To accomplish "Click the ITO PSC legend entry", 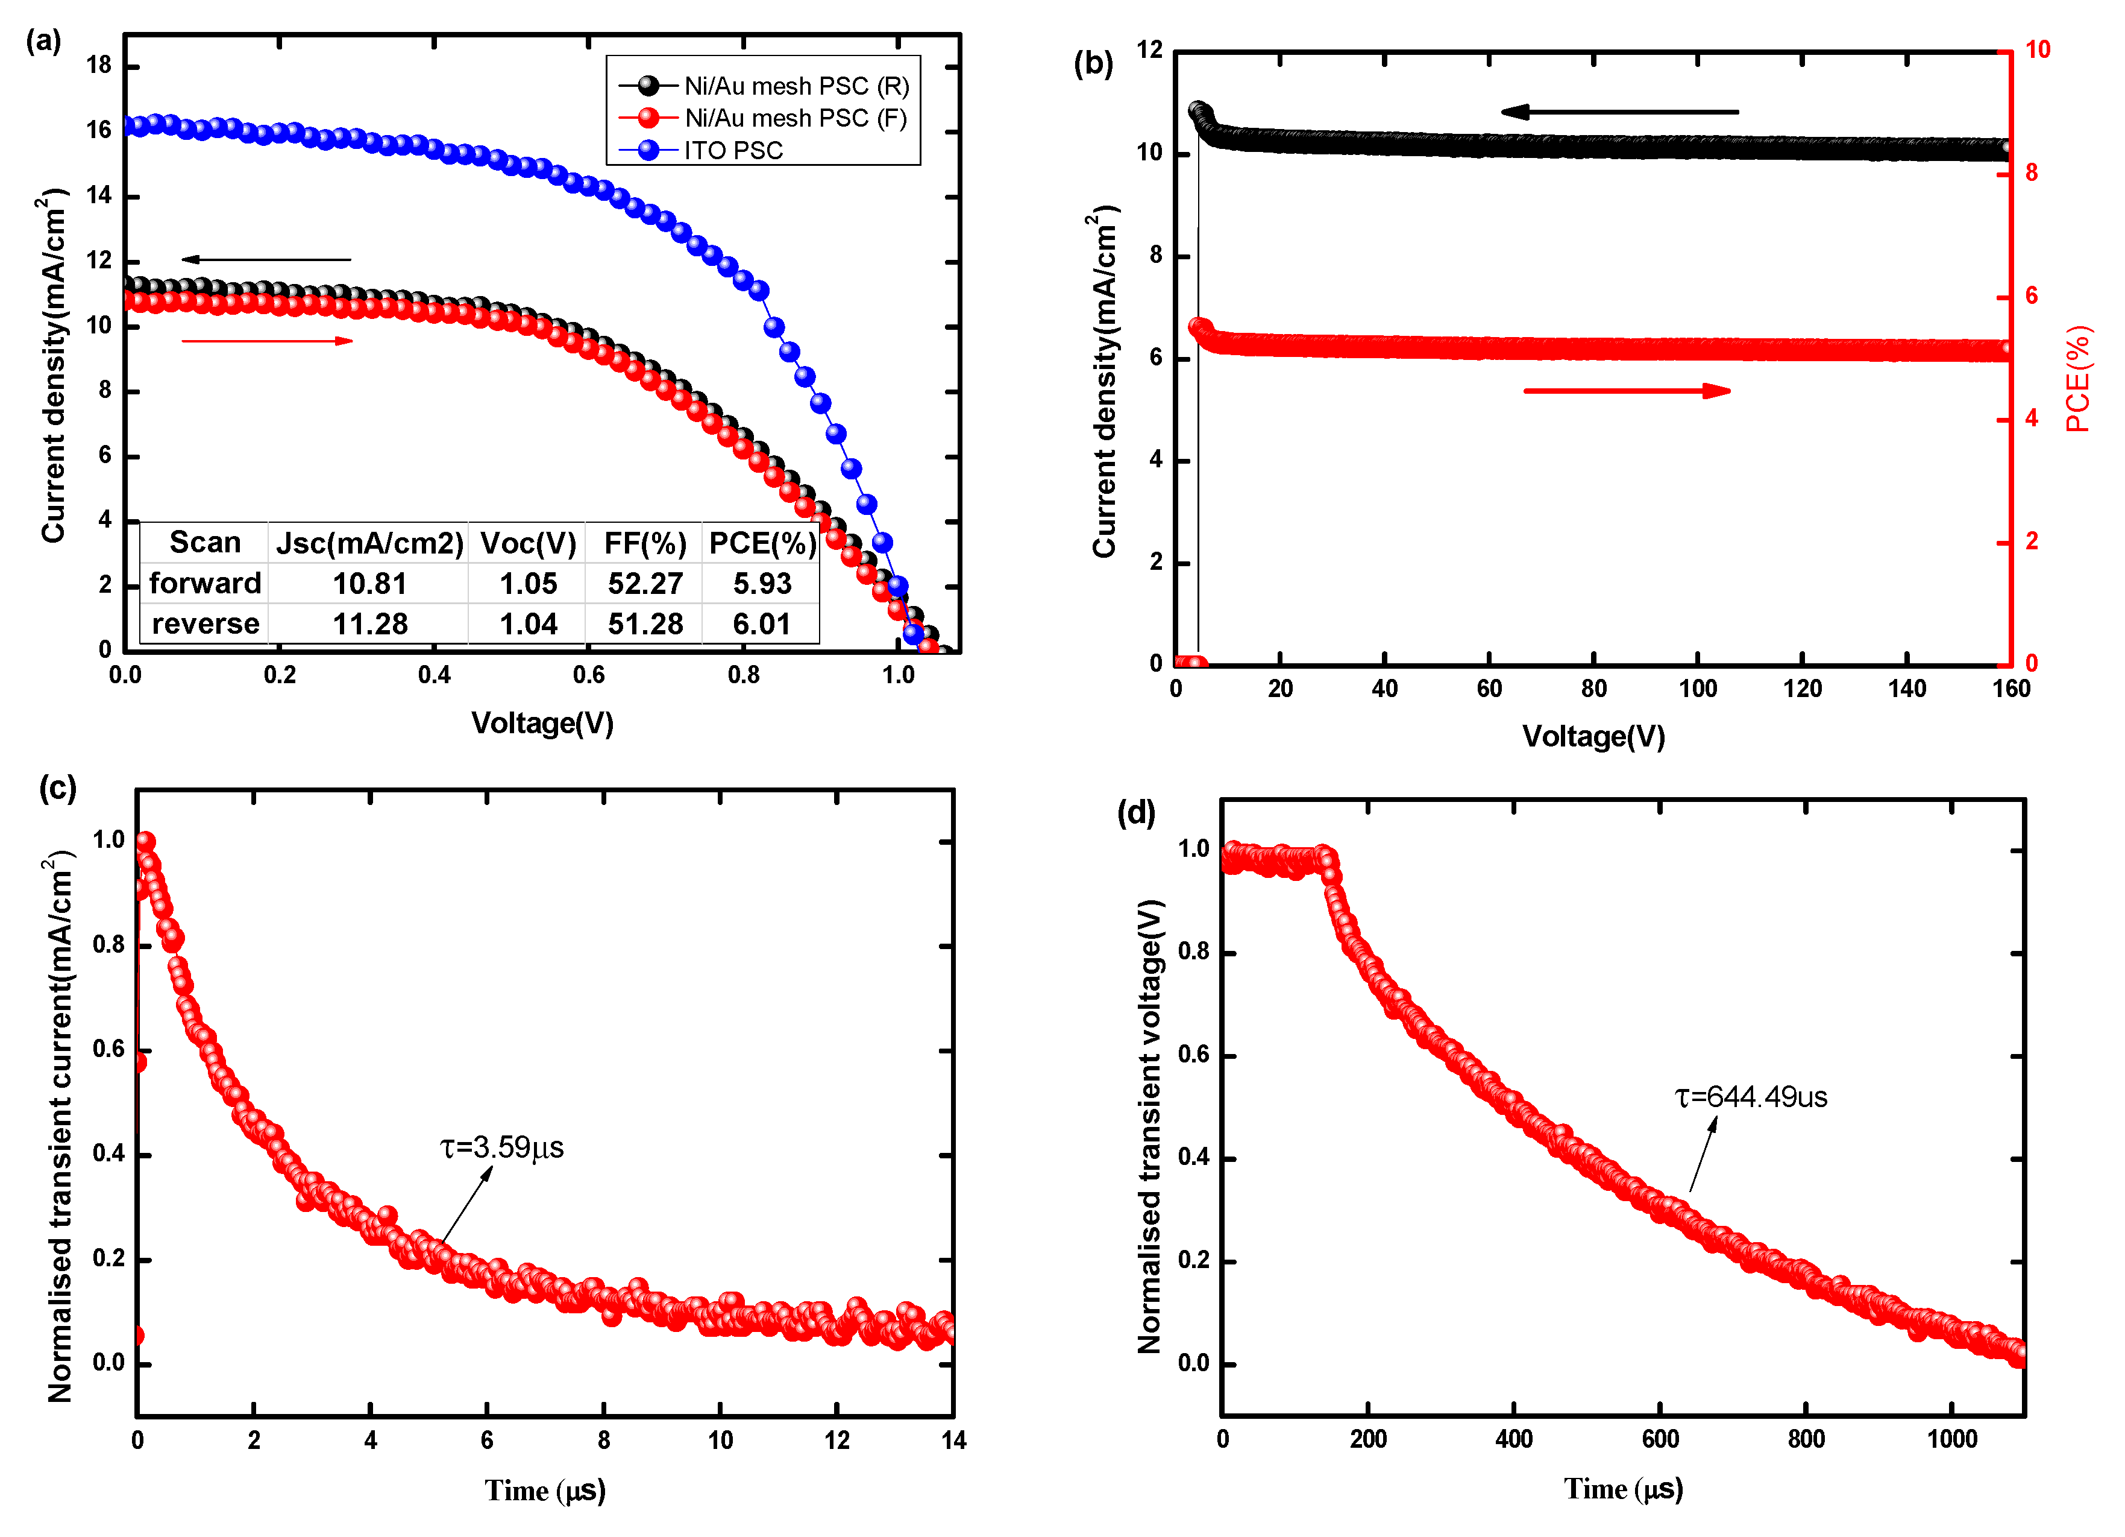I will click(x=733, y=151).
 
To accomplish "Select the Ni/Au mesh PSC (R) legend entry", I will click(x=796, y=86).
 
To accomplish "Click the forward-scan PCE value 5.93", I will click(x=762, y=584).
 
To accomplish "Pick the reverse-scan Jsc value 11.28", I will click(x=370, y=624).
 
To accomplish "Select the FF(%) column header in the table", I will click(x=645, y=543).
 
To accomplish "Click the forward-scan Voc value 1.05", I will click(x=527, y=584).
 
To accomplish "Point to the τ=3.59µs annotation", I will click(x=502, y=1148).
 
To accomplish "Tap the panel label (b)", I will click(x=1093, y=64).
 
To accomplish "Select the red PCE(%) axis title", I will click(x=2078, y=379).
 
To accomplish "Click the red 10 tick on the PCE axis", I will click(x=2037, y=49).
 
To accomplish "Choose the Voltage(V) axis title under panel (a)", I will click(x=542, y=724).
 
